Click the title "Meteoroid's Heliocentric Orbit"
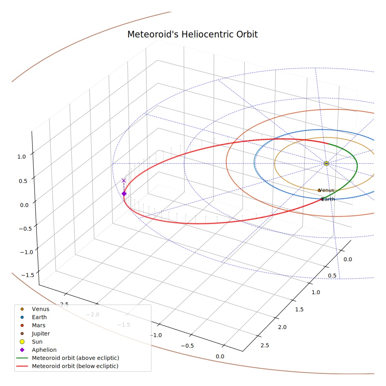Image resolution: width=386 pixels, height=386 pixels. click(x=192, y=34)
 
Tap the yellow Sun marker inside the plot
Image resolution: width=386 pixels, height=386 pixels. click(x=326, y=163)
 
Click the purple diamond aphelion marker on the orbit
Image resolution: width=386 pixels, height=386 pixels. click(x=124, y=194)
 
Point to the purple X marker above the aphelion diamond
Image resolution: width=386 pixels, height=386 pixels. click(x=124, y=180)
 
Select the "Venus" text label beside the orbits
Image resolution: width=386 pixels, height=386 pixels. click(x=326, y=190)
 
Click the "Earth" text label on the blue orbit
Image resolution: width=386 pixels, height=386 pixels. click(x=328, y=199)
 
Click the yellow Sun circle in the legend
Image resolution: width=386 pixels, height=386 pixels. click(x=22, y=342)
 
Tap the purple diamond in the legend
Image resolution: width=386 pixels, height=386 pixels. click(x=22, y=350)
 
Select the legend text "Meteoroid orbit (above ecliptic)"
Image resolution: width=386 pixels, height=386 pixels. click(x=76, y=358)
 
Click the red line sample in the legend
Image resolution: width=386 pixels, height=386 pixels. click(x=22, y=366)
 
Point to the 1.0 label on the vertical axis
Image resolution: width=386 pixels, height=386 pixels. click(x=22, y=157)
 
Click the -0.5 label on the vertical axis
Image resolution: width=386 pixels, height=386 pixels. click(x=25, y=229)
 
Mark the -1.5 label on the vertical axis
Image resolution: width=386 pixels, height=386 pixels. click(x=27, y=275)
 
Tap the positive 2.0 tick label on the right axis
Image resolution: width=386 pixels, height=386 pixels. click(x=282, y=327)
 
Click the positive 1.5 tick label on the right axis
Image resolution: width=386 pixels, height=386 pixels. click(x=299, y=310)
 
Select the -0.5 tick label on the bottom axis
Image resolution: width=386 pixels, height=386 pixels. click(x=188, y=346)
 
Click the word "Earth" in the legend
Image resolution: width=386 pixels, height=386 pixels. click(x=39, y=317)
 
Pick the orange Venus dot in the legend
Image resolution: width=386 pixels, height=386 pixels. click(x=22, y=309)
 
